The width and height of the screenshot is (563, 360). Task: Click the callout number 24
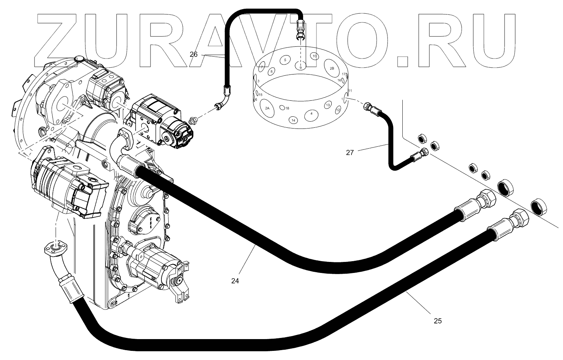click(x=235, y=281)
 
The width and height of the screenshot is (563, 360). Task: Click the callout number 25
click(x=438, y=321)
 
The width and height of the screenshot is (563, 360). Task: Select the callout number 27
click(x=350, y=152)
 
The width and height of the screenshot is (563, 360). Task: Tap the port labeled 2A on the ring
click(x=267, y=108)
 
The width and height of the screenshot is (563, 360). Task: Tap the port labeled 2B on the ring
click(x=332, y=68)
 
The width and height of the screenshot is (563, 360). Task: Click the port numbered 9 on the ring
click(x=300, y=67)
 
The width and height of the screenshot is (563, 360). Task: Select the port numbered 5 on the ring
click(x=285, y=60)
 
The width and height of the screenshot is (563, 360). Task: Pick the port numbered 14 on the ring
click(x=293, y=120)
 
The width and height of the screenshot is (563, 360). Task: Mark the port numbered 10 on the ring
click(x=314, y=56)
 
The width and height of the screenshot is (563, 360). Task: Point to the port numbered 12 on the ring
click(x=338, y=110)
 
